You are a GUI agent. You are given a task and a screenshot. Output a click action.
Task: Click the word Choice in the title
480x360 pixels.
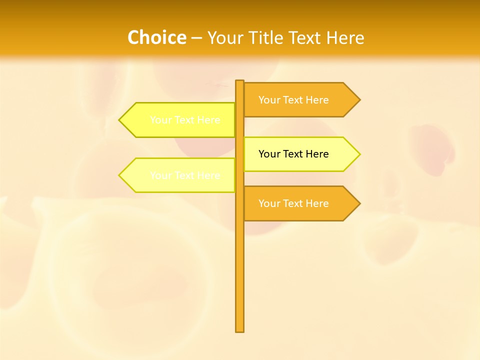[156, 37]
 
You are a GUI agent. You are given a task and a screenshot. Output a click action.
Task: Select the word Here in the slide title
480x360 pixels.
[345, 37]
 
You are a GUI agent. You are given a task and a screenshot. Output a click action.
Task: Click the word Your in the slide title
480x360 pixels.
[224, 37]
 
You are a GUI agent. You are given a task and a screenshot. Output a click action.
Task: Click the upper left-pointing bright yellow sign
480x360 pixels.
[180, 120]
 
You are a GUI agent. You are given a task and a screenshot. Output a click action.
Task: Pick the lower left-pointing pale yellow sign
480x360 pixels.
[180, 175]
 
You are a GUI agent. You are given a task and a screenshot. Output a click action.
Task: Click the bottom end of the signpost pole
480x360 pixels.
[239, 330]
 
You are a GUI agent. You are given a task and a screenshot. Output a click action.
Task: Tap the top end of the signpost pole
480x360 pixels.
[239, 81]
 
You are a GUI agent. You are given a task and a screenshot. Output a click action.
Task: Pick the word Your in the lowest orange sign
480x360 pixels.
[269, 203]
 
